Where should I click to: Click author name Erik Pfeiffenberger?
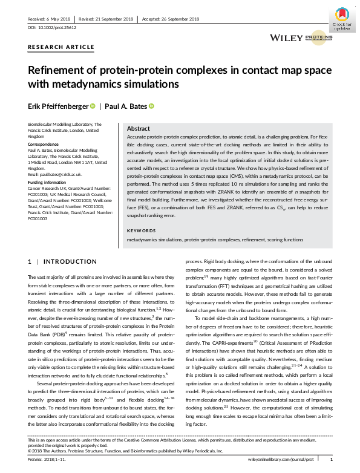(57, 106)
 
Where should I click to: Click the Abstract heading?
(139, 129)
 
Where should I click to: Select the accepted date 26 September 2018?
(182, 19)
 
